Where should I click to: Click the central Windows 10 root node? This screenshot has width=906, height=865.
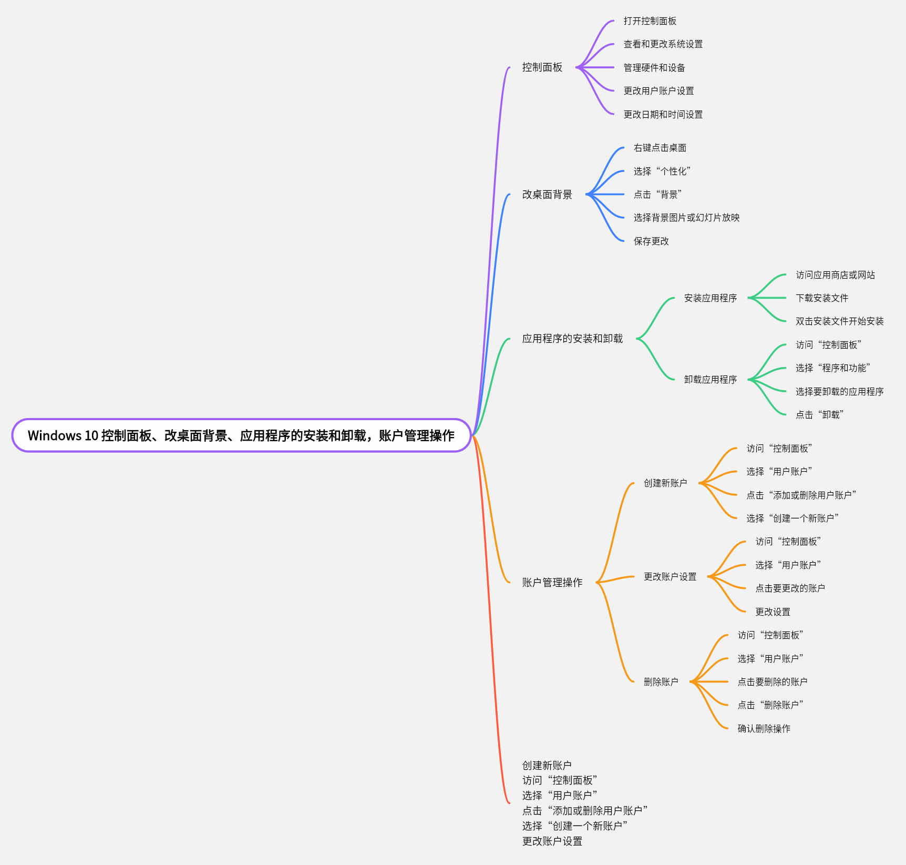241,435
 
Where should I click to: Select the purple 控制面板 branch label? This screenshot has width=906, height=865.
542,67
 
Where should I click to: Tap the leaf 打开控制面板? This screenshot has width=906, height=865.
650,21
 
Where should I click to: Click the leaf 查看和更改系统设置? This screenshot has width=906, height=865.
663,44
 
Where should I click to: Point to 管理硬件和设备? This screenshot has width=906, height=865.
654,68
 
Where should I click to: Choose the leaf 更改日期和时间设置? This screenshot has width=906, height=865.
663,115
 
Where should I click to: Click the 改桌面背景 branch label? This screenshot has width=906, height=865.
547,195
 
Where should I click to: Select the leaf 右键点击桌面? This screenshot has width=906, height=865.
660,148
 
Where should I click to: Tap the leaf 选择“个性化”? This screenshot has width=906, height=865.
662,171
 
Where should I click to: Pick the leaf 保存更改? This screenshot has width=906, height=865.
651,241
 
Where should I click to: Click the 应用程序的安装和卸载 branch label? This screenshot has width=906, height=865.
572,339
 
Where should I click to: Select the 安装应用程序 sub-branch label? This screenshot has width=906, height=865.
710,298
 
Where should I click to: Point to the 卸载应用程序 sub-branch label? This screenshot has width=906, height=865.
710,380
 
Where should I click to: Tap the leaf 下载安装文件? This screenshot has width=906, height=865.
822,298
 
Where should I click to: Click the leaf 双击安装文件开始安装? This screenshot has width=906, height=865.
839,321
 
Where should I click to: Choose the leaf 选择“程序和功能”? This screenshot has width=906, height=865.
832,368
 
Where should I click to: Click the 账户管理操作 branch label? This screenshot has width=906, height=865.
552,583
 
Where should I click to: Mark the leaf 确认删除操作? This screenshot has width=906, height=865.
764,729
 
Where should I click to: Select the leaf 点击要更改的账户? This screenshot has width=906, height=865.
790,588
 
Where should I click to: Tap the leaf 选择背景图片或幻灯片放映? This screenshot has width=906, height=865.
686,218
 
